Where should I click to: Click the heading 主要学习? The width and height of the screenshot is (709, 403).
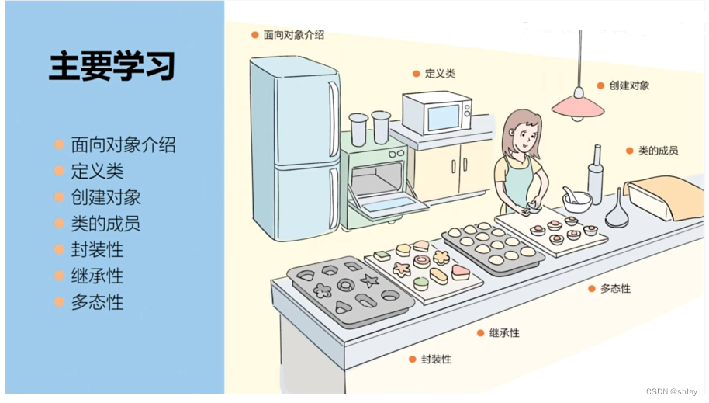(x=112, y=67)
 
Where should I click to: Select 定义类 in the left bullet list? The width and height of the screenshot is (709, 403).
(x=97, y=171)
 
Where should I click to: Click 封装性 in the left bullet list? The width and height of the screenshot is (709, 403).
(x=97, y=250)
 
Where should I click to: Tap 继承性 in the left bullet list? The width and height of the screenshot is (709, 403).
(x=97, y=276)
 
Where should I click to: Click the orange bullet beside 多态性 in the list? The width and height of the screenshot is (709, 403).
(x=59, y=303)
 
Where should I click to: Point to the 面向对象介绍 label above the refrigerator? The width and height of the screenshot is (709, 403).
(x=293, y=35)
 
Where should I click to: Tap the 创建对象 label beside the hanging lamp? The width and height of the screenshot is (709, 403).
(x=629, y=85)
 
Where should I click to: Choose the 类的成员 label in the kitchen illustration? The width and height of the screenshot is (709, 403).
(x=658, y=151)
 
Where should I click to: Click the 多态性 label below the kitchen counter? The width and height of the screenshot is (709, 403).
(x=615, y=288)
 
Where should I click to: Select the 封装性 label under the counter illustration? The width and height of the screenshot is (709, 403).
(x=436, y=360)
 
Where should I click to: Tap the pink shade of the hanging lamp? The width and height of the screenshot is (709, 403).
(x=577, y=104)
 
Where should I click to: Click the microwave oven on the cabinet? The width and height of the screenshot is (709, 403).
(x=437, y=114)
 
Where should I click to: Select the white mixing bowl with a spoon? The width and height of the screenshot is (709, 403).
(x=576, y=200)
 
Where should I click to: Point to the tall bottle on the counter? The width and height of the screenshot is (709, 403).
(x=595, y=175)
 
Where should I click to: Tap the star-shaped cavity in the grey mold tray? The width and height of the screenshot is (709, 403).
(x=370, y=280)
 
